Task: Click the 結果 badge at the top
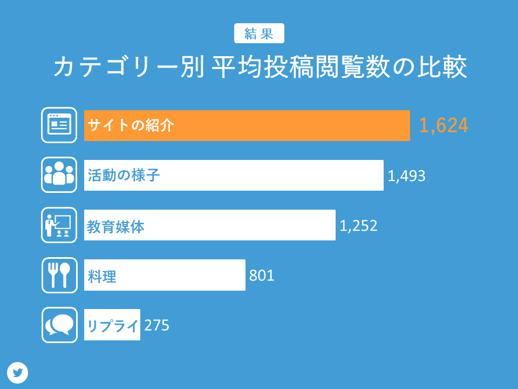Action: (259, 33)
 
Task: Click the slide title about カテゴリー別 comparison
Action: (259, 68)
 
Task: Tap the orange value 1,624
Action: (444, 125)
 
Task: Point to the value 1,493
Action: (406, 176)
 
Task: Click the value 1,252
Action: (358, 226)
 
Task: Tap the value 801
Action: (262, 276)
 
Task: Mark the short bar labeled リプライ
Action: (112, 325)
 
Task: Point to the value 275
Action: (156, 325)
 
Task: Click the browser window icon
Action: (59, 125)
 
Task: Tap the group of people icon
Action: (59, 175)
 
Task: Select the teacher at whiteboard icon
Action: (59, 225)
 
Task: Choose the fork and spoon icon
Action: (59, 275)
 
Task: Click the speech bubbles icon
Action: (59, 325)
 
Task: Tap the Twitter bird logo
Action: (18, 373)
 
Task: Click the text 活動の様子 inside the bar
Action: (124, 176)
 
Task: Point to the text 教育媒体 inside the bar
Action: (116, 226)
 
